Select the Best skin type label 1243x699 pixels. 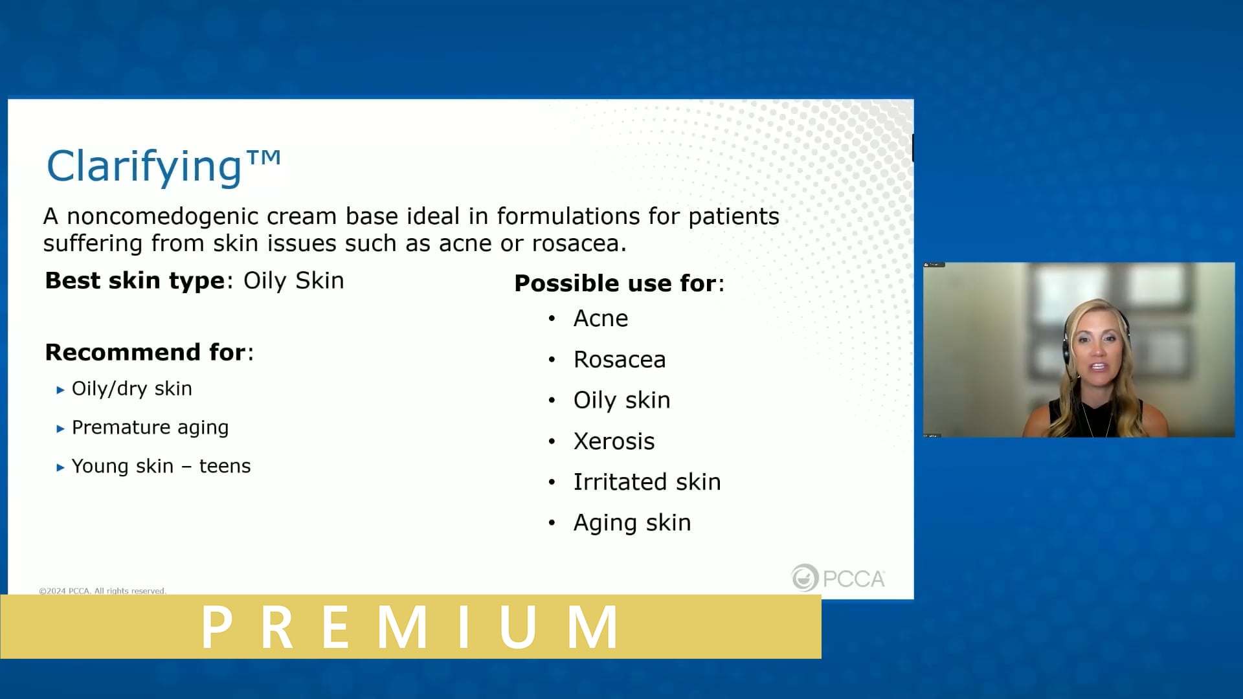[x=135, y=281]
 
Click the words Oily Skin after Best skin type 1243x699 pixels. [x=293, y=281]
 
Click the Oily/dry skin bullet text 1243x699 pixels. [x=131, y=389]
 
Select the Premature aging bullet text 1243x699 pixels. [x=150, y=428]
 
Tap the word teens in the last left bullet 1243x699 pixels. [x=225, y=467]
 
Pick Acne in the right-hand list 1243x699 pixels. [x=600, y=318]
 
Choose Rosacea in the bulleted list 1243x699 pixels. [x=619, y=360]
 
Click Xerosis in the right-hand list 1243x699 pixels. [x=614, y=441]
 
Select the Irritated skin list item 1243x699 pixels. [x=647, y=482]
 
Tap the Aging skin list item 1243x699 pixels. [x=632, y=523]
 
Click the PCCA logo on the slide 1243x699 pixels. [x=838, y=578]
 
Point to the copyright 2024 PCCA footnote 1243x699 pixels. [x=102, y=590]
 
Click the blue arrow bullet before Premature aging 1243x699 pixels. [x=60, y=428]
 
